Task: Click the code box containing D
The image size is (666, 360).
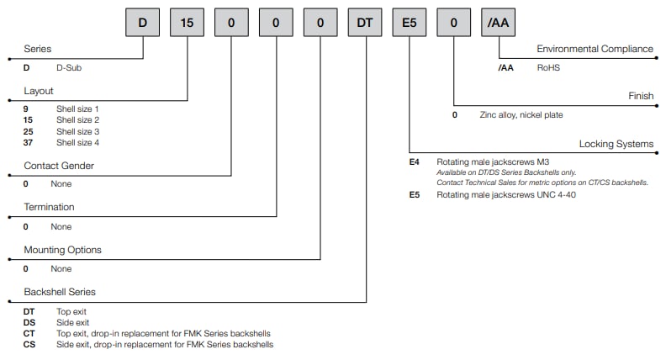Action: pyautogui.click(x=143, y=23)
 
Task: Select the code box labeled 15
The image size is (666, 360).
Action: pyautogui.click(x=188, y=23)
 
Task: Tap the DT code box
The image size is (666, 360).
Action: pyautogui.click(x=365, y=23)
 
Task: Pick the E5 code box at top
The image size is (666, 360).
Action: pyautogui.click(x=410, y=23)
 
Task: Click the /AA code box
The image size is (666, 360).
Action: pyautogui.click(x=499, y=23)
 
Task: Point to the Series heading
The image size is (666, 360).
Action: pyautogui.click(x=38, y=50)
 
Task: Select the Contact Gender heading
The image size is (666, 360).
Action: pyautogui.click(x=59, y=166)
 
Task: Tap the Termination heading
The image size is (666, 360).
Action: pyautogui.click(x=49, y=207)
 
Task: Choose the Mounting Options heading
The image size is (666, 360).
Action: pyautogui.click(x=62, y=250)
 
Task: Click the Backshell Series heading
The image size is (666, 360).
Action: pyautogui.click(x=60, y=292)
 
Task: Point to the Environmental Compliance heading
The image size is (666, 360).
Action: pyautogui.click(x=595, y=50)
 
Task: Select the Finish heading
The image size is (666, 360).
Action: pyautogui.click(x=641, y=96)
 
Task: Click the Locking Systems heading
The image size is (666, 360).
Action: pyautogui.click(x=616, y=144)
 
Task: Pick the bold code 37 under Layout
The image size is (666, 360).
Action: pyautogui.click(x=29, y=143)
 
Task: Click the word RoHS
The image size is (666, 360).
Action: pyautogui.click(x=548, y=66)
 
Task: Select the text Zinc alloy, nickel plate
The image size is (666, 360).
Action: pyautogui.click(x=521, y=114)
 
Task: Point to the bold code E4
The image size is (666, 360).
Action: pyautogui.click(x=414, y=161)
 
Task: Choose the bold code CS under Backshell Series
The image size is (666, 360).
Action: pyautogui.click(x=29, y=344)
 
